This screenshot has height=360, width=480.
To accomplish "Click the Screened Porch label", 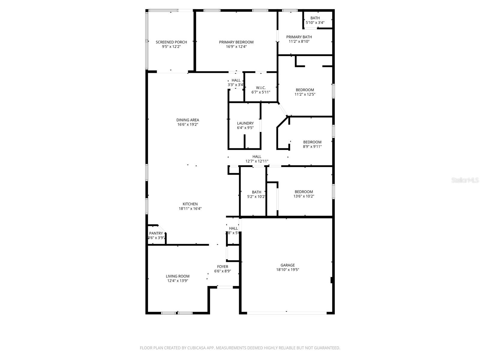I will pyautogui.click(x=171, y=42).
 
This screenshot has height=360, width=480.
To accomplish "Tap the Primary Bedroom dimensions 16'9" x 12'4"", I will pyautogui.click(x=236, y=47).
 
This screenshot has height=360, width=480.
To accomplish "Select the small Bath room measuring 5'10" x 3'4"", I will pyautogui.click(x=315, y=20).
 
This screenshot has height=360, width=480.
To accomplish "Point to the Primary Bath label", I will pyautogui.click(x=299, y=37).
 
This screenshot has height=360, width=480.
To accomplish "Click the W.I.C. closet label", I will pyautogui.click(x=261, y=88).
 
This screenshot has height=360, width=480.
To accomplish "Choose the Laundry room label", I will pyautogui.click(x=245, y=123).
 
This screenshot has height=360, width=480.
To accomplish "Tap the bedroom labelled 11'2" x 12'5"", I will pyautogui.click(x=305, y=92).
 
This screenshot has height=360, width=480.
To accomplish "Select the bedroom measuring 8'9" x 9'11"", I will pyautogui.click(x=312, y=144).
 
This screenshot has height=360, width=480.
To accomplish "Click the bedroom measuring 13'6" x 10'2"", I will pyautogui.click(x=304, y=194).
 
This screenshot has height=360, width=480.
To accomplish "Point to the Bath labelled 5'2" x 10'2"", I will pyautogui.click(x=256, y=194).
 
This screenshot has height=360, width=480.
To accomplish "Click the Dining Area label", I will pyautogui.click(x=187, y=120).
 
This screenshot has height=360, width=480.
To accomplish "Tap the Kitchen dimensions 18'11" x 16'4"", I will pyautogui.click(x=190, y=208).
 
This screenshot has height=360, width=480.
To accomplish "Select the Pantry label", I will pyautogui.click(x=156, y=233).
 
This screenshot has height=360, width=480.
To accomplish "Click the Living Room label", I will pyautogui.click(x=178, y=276).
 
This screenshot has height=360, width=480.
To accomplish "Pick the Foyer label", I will pyautogui.click(x=222, y=266).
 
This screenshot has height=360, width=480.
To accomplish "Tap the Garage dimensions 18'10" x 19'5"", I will pyautogui.click(x=287, y=270).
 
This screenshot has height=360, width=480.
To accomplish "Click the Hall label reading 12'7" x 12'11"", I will pyautogui.click(x=257, y=159).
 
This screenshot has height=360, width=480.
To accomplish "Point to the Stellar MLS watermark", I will pyautogui.click(x=465, y=180).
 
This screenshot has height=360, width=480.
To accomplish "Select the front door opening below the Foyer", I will pyautogui.click(x=225, y=287).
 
